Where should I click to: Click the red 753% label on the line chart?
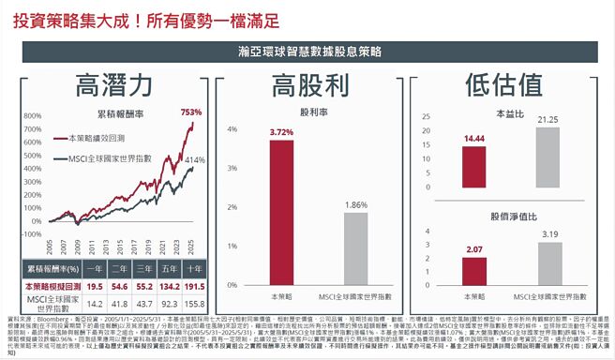pos(191,112)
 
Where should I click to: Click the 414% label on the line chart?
pos(194,160)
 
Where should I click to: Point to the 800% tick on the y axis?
pos(32,116)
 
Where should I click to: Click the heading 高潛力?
pos(112,85)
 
